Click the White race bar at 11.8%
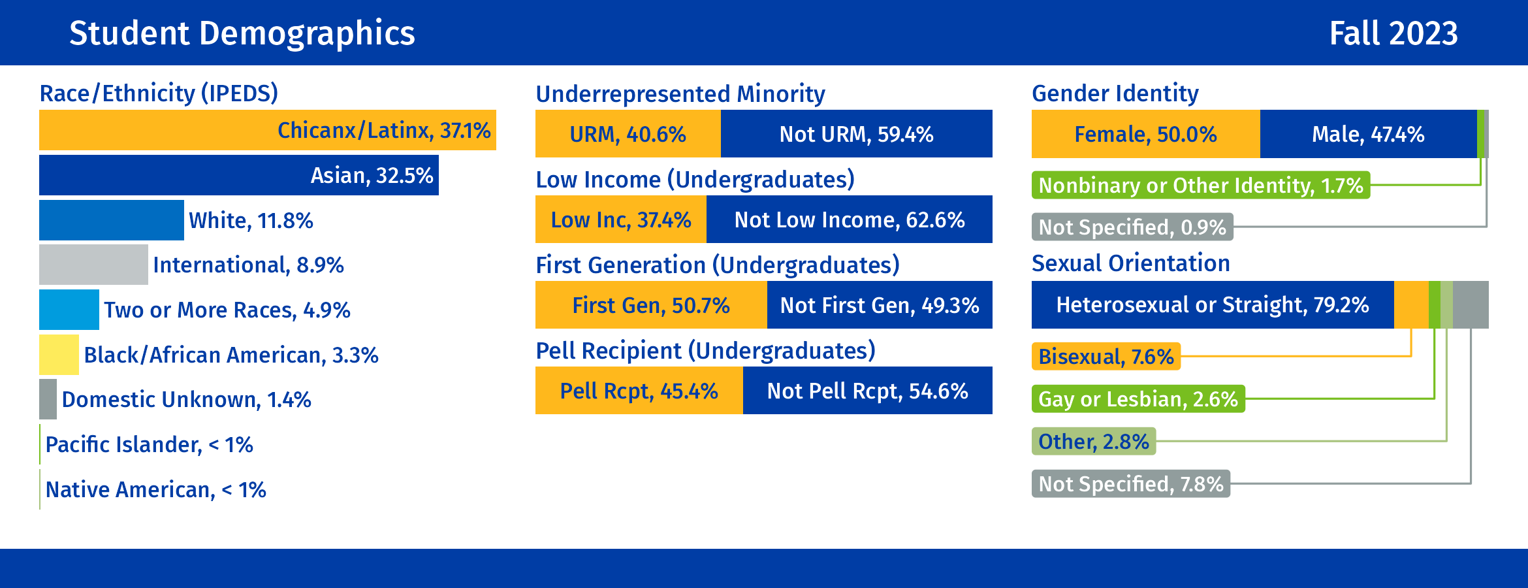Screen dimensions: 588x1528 coord(111,220)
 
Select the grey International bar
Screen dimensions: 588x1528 coord(93,265)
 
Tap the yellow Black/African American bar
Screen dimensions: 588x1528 coord(59,355)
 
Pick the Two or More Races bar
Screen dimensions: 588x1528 coord(69,310)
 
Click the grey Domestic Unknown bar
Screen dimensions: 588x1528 coord(48,399)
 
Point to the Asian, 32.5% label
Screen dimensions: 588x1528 coord(372,175)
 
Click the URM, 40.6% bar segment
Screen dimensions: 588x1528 coord(628,134)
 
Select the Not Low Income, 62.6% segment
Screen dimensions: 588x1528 coord(849,220)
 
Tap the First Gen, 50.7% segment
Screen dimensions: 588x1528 coord(650,305)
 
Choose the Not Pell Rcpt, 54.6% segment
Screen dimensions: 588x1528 coord(867,391)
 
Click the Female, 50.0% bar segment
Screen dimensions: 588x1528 coord(1145,134)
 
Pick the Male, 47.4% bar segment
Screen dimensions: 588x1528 coord(1368,134)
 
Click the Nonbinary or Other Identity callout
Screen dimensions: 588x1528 coord(1200,186)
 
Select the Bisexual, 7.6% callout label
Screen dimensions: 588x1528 coord(1106,357)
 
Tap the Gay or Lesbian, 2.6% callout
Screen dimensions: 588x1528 coord(1138,399)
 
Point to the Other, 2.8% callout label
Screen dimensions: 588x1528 coord(1093,442)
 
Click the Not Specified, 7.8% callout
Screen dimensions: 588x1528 coord(1130,484)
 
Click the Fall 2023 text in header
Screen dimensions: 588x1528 coord(1393,33)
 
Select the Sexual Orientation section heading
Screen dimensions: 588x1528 coord(1130,263)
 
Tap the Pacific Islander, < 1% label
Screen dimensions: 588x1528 coord(149,445)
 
